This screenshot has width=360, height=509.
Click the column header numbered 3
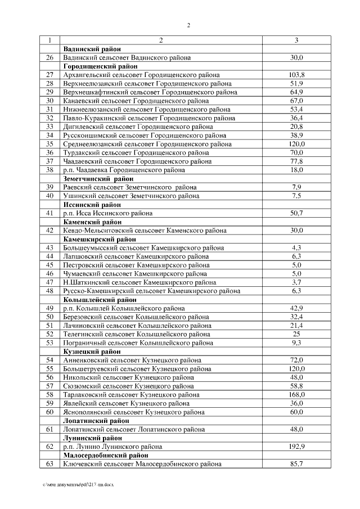click(296, 40)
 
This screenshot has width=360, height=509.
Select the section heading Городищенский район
click(97, 66)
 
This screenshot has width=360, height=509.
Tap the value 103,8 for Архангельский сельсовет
click(296, 75)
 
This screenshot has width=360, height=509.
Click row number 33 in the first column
click(49, 127)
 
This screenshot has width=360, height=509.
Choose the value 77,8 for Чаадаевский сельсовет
click(296, 161)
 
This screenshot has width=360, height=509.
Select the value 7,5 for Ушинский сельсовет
click(296, 196)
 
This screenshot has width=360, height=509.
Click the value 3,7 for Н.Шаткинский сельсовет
click(296, 282)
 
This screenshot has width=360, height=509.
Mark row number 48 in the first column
click(49, 291)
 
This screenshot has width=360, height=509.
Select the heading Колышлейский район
click(96, 300)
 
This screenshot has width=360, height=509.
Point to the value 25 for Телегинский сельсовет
click(296, 334)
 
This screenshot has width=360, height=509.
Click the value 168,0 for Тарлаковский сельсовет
click(296, 395)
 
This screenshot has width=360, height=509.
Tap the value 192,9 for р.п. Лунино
click(296, 447)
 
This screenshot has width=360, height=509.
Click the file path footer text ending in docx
click(79, 484)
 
